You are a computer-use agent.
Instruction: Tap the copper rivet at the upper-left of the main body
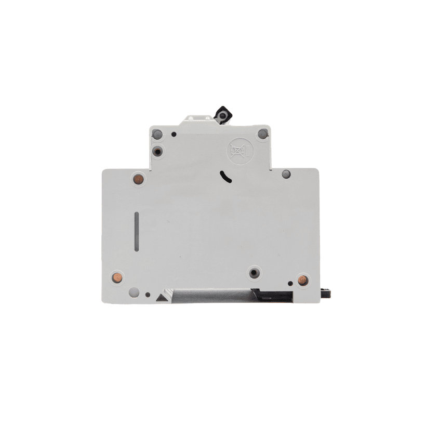pos(138,179)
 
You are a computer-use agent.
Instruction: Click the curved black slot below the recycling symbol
pos(225,177)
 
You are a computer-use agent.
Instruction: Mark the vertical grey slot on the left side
pos(137,232)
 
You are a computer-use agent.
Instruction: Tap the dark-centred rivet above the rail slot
pos(254,272)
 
